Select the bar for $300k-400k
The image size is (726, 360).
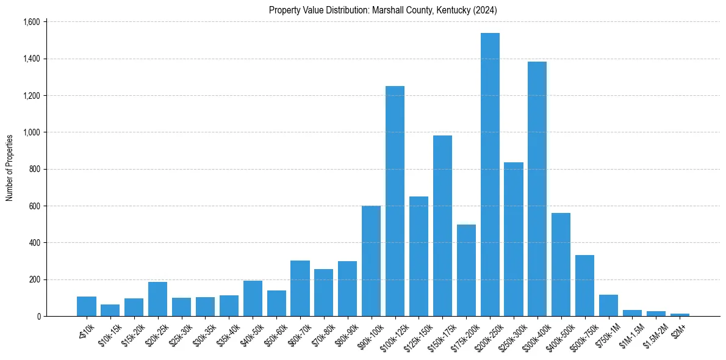537,189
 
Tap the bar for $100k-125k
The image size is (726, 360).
395,201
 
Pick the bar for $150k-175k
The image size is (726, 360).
442,226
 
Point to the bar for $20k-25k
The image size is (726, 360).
157,299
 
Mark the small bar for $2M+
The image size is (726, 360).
680,314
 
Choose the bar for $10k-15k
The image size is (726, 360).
110,310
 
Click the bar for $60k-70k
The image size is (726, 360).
300,288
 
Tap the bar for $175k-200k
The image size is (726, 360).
466,270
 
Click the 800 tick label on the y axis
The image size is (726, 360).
34,169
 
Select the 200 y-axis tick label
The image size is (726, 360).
34,279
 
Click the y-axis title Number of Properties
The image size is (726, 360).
10,168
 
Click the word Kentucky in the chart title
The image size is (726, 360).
451,10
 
